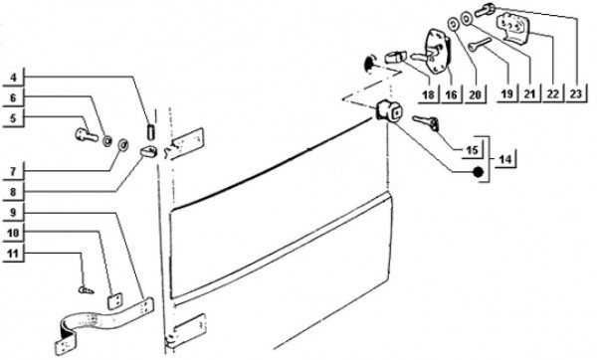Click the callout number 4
point(14,78)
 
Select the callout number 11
point(13,253)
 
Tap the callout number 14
point(505,159)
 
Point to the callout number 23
point(576,93)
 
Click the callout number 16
point(451,93)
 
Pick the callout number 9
point(13,212)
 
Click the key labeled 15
point(426,122)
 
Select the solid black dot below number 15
point(478,172)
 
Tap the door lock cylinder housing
point(388,110)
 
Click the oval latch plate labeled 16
point(437,52)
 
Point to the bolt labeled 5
point(87,134)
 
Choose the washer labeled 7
point(123,144)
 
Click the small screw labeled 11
point(87,290)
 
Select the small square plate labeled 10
point(114,300)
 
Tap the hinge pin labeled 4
point(150,131)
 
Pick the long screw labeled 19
point(481,45)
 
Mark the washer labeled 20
point(453,24)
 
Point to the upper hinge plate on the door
point(187,143)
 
